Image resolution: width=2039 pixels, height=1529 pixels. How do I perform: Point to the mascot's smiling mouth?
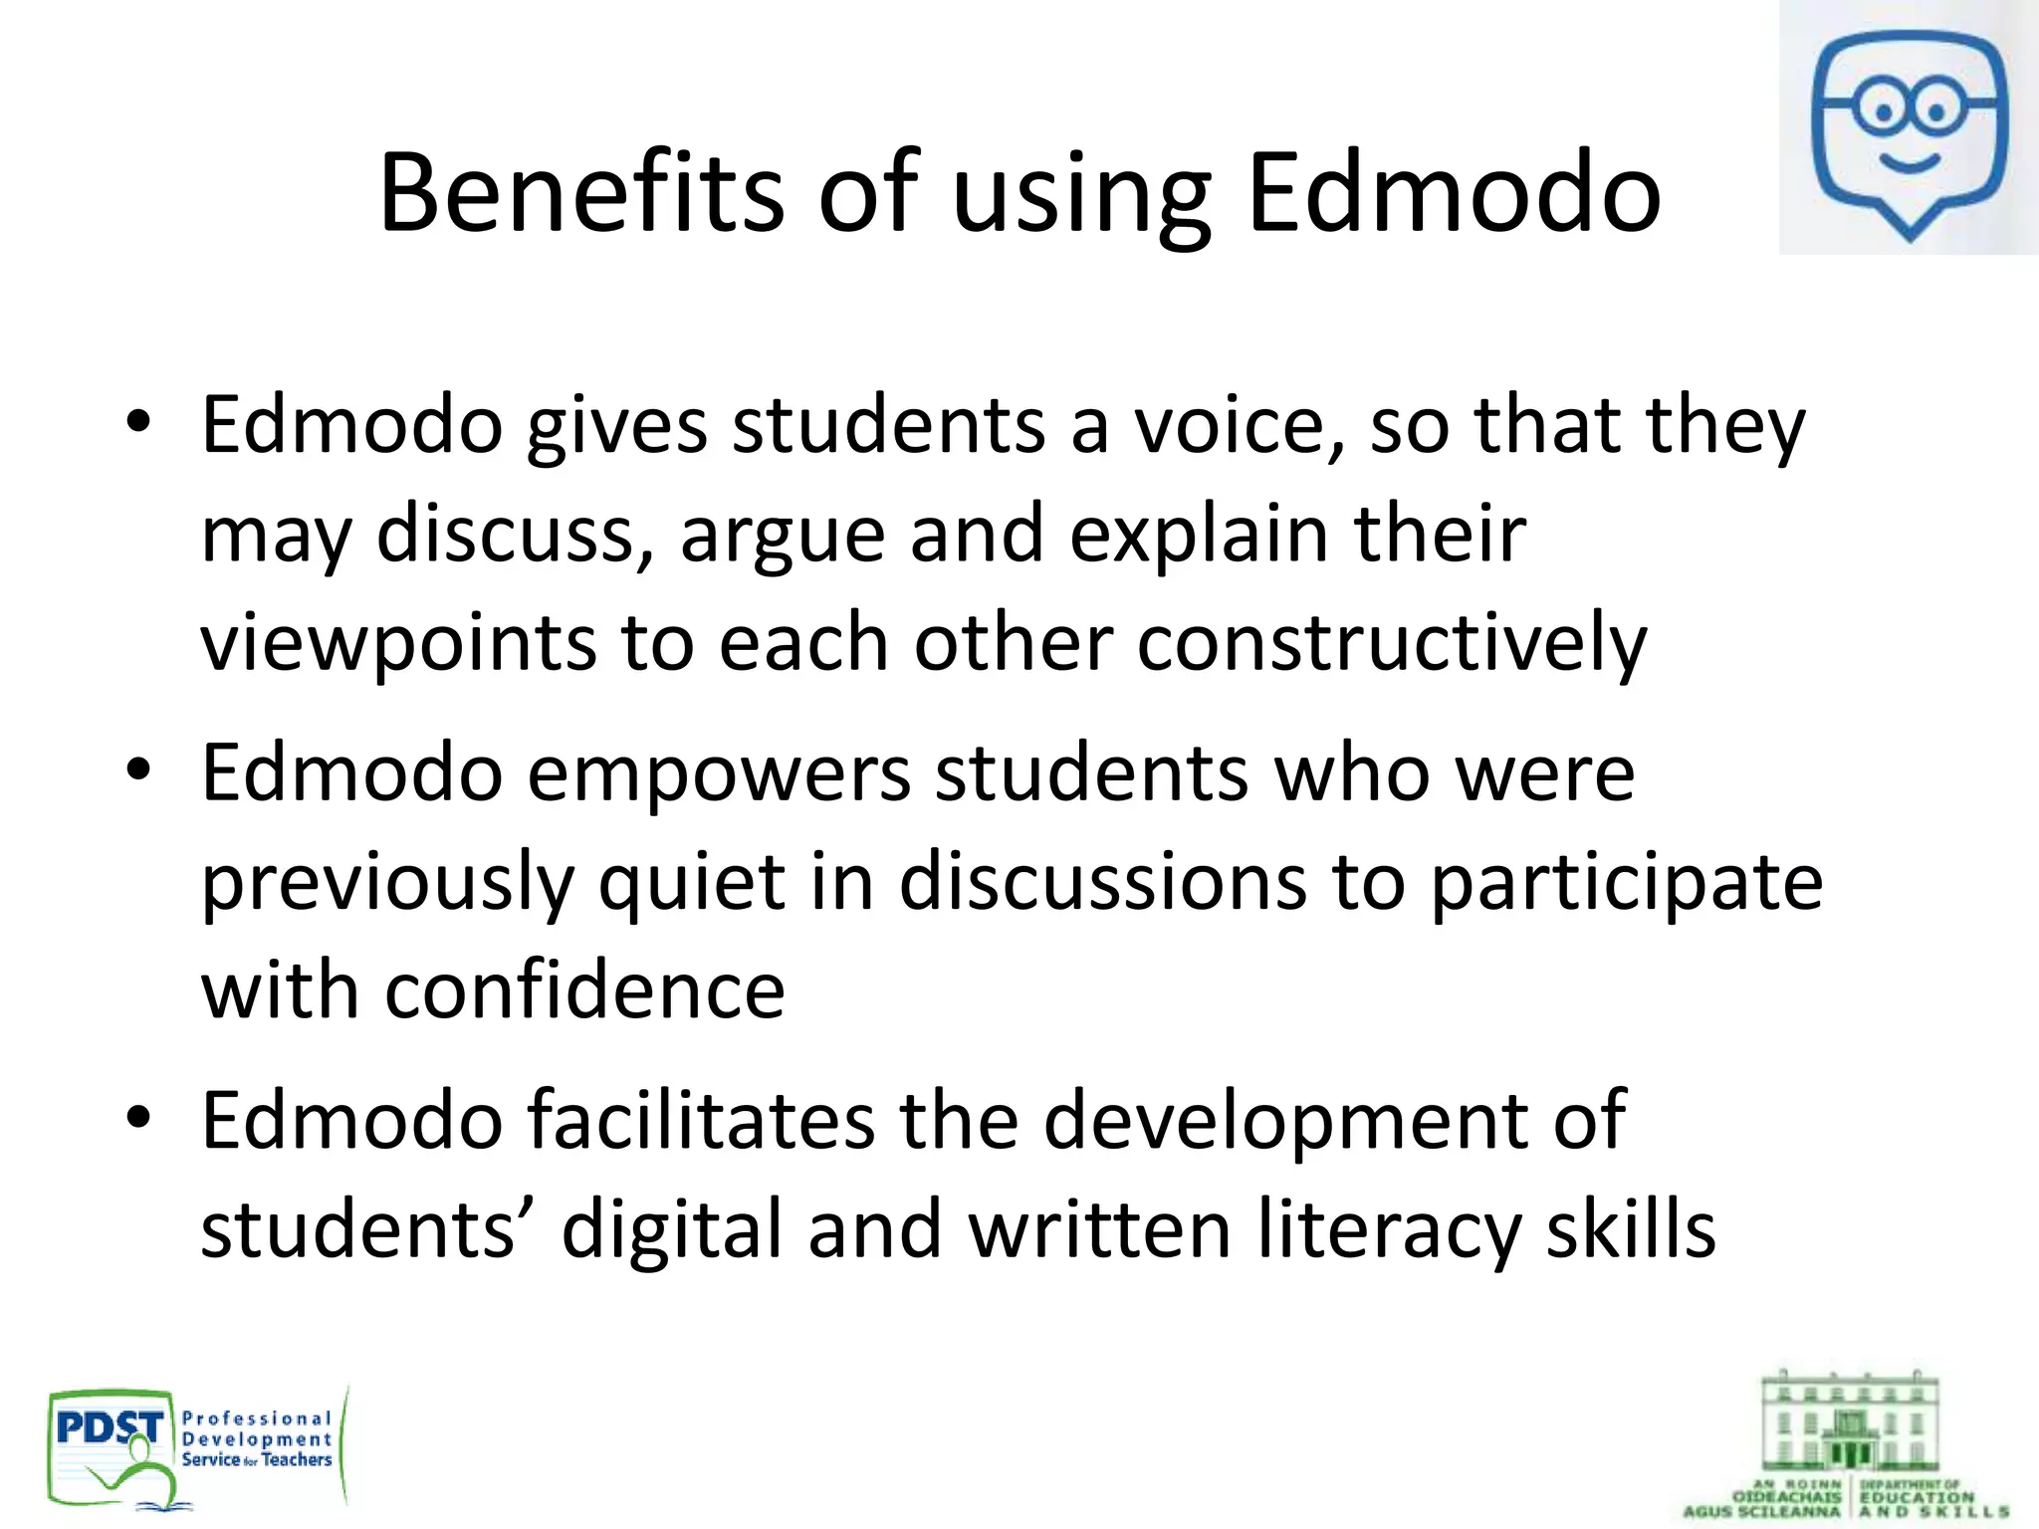(x=1908, y=162)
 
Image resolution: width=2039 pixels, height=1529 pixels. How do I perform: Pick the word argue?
(x=782, y=534)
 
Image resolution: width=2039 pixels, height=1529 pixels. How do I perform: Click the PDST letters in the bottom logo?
(x=110, y=1429)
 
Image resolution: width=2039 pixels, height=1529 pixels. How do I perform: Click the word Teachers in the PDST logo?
(x=297, y=1459)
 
